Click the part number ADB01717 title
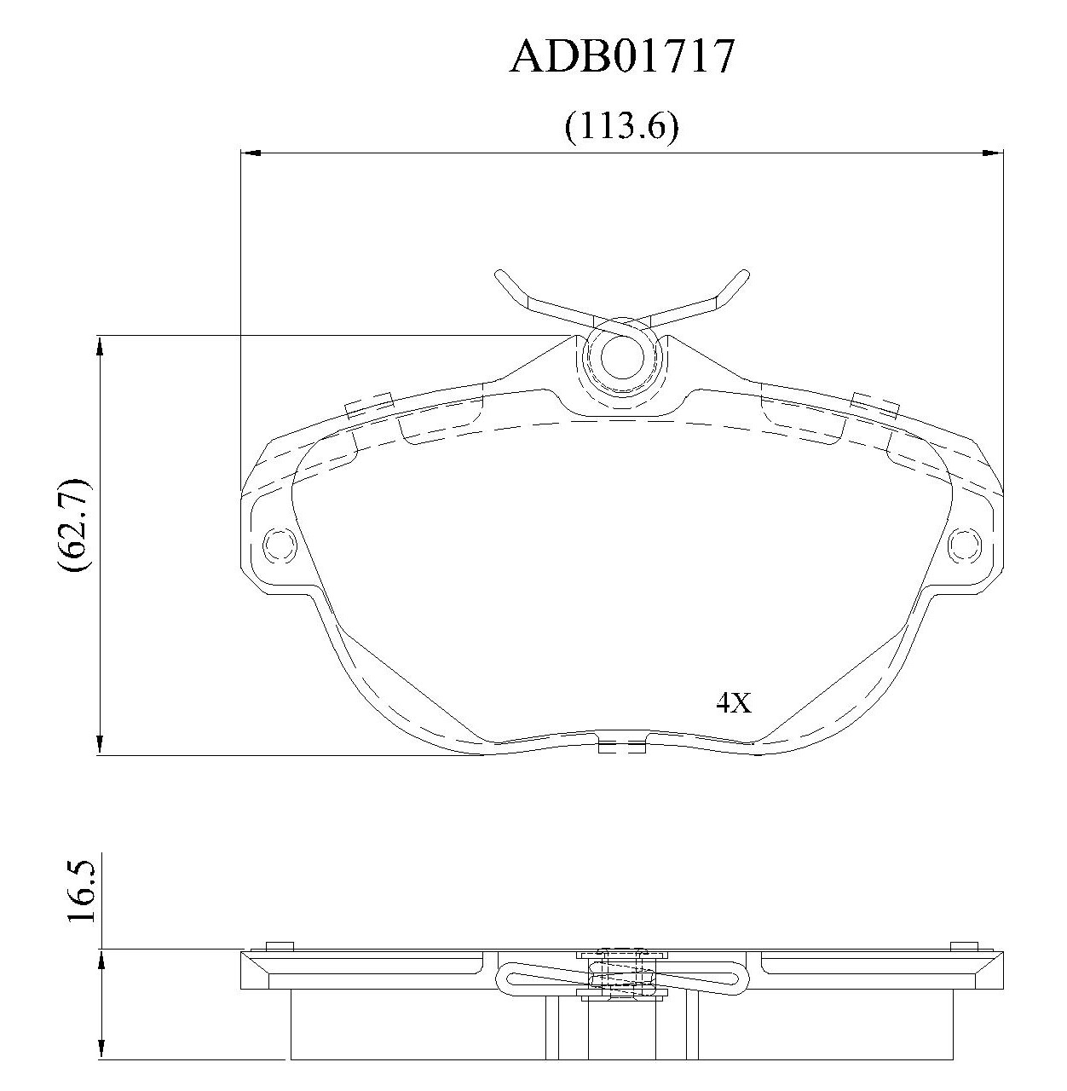621,56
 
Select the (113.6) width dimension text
621,127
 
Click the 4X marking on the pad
734,702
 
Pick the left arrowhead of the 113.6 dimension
250,152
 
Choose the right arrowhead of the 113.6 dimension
993,152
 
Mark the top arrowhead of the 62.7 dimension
100,346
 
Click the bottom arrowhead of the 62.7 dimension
100,745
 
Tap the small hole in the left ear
280,544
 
